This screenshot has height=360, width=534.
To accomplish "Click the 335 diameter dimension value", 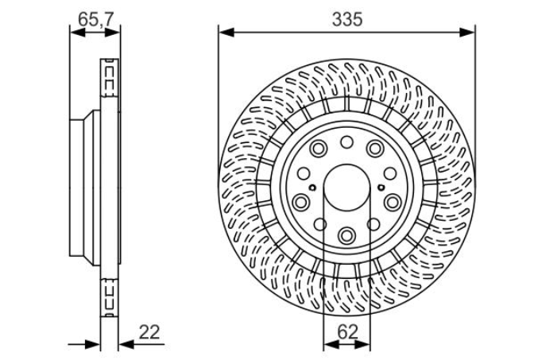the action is point(347,19).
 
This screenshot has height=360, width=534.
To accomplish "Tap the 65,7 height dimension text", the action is point(95,19).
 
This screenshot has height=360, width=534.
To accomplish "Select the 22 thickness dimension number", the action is point(149,332).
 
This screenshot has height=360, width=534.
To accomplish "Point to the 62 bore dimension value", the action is point(347,332).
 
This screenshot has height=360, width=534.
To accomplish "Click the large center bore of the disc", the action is point(346,188).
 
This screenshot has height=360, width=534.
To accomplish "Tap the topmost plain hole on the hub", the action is point(346,142).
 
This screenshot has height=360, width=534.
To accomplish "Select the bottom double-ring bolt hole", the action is point(346,235).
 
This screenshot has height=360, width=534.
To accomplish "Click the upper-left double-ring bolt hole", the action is point(319,149).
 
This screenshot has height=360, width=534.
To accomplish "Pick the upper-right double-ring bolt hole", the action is point(375,149).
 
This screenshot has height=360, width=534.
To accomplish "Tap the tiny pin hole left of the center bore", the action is point(312,188).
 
